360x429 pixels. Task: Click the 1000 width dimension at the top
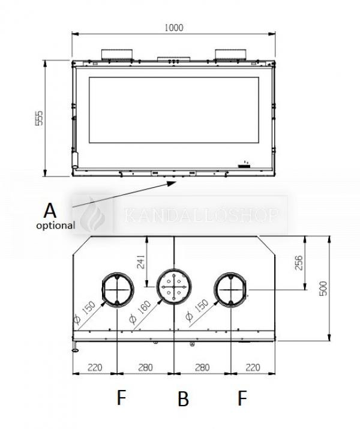(174, 28)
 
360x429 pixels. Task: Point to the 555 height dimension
(40, 118)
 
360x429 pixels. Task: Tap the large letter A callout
(50, 211)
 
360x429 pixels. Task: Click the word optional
(56, 226)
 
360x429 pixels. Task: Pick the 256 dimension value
(299, 263)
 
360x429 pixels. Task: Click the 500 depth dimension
(323, 289)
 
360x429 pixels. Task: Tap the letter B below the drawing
(183, 398)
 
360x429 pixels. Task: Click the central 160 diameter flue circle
(174, 269)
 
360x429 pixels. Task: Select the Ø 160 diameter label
(140, 312)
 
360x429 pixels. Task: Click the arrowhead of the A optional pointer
(172, 183)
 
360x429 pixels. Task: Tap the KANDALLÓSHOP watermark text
(202, 215)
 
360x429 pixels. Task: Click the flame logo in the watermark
(93, 215)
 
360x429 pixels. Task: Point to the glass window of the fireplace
(174, 110)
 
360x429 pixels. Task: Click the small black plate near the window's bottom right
(244, 166)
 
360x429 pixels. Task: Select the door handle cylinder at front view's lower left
(74, 160)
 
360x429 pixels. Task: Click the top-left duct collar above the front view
(117, 54)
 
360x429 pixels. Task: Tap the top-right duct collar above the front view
(230, 54)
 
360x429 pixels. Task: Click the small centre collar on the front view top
(174, 59)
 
